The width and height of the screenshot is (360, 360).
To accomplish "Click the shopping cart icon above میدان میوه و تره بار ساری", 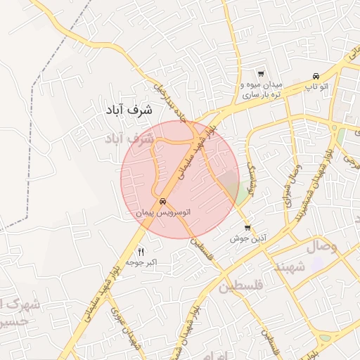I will pyautogui.click(x=261, y=74).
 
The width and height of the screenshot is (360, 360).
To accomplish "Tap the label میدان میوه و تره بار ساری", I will pyautogui.click(x=261, y=89).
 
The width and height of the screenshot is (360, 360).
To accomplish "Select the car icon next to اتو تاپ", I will pyautogui.click(x=316, y=76).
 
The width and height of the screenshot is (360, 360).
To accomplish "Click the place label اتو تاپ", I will pyautogui.click(x=316, y=86).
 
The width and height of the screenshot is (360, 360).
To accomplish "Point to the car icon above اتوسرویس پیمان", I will pyautogui.click(x=163, y=201).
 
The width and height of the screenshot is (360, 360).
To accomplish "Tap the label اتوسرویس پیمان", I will pyautogui.click(x=163, y=211).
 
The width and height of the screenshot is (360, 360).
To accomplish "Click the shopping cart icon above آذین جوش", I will pyautogui.click(x=247, y=228).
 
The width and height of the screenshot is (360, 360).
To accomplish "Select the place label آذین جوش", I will pyautogui.click(x=247, y=238).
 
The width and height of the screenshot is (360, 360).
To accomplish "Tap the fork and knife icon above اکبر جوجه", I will pyautogui.click(x=141, y=252).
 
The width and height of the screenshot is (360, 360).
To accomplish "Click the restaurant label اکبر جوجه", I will pyautogui.click(x=141, y=262).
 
